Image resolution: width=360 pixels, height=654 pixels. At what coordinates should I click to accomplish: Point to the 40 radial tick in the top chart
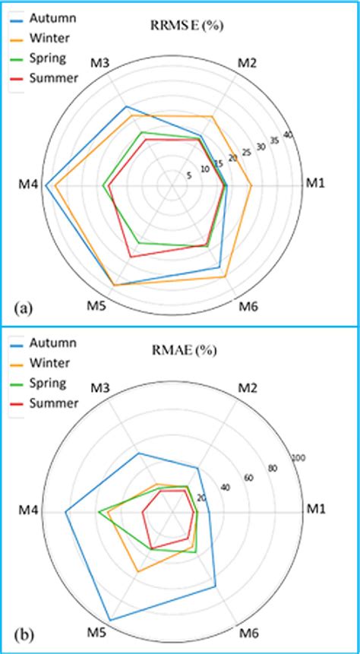(287, 135)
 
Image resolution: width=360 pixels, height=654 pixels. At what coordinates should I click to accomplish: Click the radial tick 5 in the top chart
(188, 175)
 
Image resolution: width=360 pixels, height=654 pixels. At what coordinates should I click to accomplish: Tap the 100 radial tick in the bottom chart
(298, 458)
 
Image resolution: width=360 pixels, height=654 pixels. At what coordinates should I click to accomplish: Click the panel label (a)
(22, 308)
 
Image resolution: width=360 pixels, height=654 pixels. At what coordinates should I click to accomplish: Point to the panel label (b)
(22, 634)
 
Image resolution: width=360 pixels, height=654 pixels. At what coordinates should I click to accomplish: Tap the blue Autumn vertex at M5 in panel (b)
(110, 621)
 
